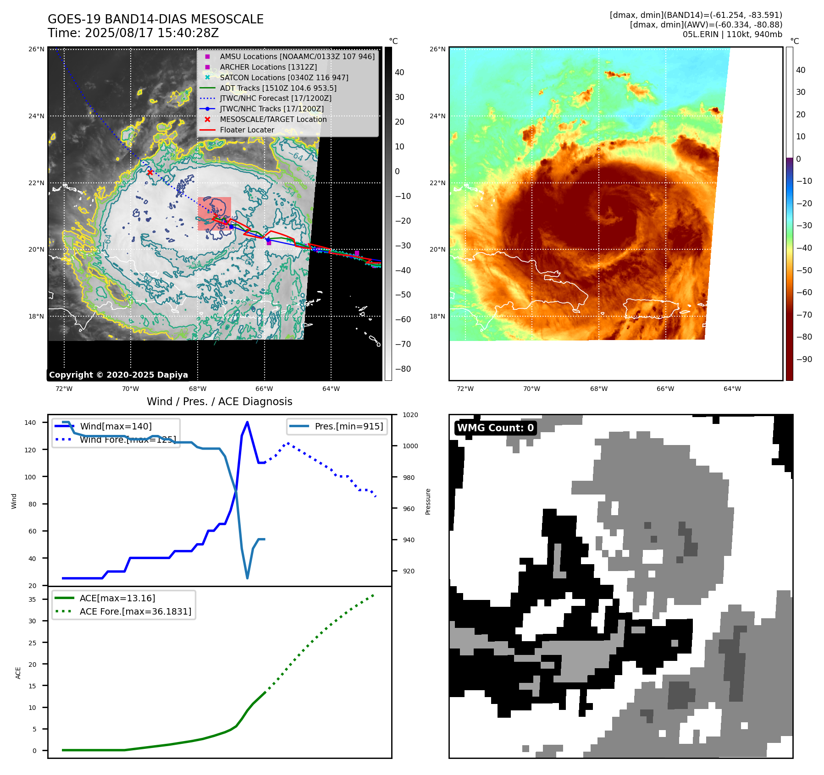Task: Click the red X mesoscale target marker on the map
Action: [x=150, y=172]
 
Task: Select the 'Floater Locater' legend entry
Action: [x=247, y=130]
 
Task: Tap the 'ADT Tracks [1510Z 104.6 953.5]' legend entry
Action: [x=278, y=88]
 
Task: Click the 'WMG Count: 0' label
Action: [x=495, y=428]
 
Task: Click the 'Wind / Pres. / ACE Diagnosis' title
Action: [x=219, y=401]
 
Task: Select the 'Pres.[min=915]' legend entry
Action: [x=348, y=426]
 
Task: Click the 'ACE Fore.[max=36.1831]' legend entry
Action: [x=135, y=611]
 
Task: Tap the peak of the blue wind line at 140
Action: [x=247, y=422]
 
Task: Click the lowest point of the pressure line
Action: [x=247, y=578]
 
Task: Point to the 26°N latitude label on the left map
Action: [x=37, y=49]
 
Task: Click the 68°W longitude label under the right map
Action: [x=598, y=389]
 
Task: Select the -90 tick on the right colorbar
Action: [x=804, y=359]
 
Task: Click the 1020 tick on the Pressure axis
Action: [x=410, y=415]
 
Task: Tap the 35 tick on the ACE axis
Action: [x=33, y=599]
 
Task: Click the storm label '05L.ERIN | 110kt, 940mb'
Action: [x=732, y=34]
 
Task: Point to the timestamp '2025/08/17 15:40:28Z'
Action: [x=152, y=33]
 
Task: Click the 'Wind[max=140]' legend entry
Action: [x=116, y=426]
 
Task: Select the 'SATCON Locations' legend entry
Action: [x=284, y=77]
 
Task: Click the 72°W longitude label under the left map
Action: [x=64, y=389]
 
